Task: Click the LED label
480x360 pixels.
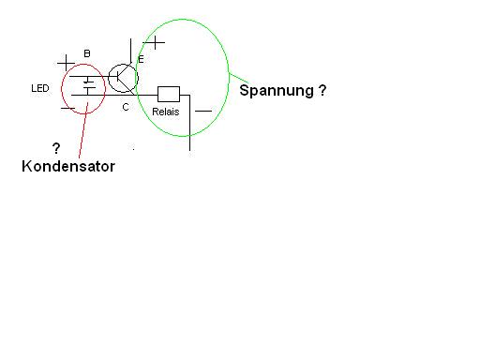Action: [40, 88]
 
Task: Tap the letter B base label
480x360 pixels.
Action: [87, 53]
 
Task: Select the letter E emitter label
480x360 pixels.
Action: [141, 59]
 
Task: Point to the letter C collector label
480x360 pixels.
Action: [126, 107]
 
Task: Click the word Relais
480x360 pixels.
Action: [166, 112]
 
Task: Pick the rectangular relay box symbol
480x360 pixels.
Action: [169, 94]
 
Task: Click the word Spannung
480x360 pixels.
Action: [277, 91]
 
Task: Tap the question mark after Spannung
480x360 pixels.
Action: [322, 90]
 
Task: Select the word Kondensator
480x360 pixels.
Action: [68, 166]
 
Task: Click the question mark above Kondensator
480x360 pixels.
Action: [56, 148]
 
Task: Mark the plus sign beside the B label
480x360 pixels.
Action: [66, 63]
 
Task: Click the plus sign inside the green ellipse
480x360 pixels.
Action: [155, 42]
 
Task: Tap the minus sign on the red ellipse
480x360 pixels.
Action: [67, 109]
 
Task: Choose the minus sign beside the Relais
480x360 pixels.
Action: [203, 111]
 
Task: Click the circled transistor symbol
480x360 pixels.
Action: [123, 78]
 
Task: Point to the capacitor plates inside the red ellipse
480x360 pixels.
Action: [89, 85]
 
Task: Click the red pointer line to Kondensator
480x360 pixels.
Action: [83, 129]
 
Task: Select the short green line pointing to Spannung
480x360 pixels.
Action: [239, 79]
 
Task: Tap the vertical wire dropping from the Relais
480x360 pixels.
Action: [189, 123]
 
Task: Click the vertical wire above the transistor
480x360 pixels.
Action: [130, 51]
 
